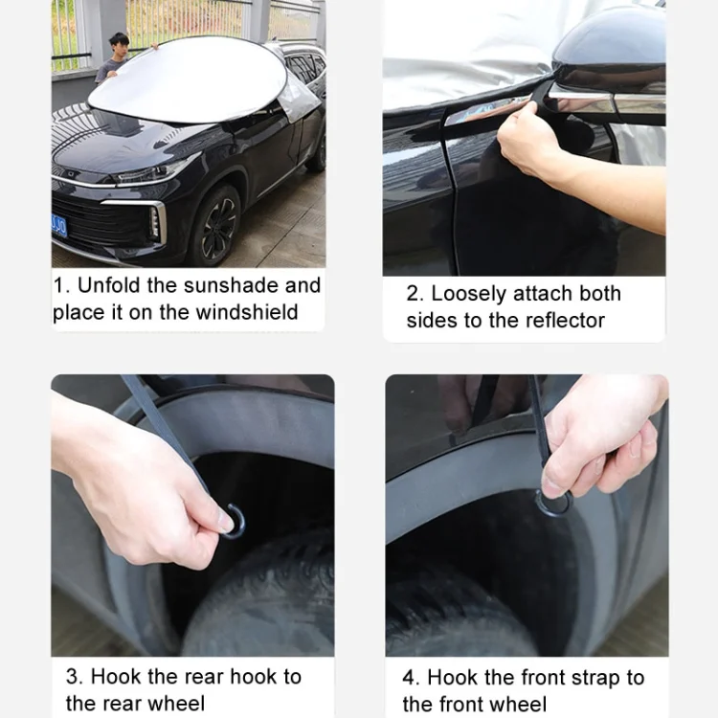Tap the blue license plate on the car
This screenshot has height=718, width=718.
click(x=59, y=227)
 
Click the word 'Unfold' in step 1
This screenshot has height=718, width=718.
click(x=110, y=285)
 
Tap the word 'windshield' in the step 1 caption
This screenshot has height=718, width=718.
click(x=247, y=312)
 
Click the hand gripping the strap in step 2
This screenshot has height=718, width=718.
click(x=531, y=140)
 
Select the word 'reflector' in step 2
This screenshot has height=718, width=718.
click(x=561, y=321)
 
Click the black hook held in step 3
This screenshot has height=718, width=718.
click(x=234, y=521)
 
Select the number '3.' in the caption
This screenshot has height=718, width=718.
click(x=74, y=677)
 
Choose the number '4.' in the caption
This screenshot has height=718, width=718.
click(x=411, y=678)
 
